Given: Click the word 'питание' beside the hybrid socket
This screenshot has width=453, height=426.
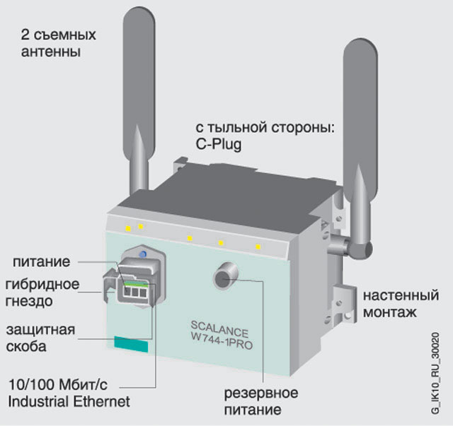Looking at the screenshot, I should [42, 262].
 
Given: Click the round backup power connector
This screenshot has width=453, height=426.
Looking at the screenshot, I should [225, 276].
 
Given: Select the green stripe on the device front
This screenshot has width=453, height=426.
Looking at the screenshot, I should [132, 345].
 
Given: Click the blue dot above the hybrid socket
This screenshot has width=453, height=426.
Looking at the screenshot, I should [144, 254].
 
